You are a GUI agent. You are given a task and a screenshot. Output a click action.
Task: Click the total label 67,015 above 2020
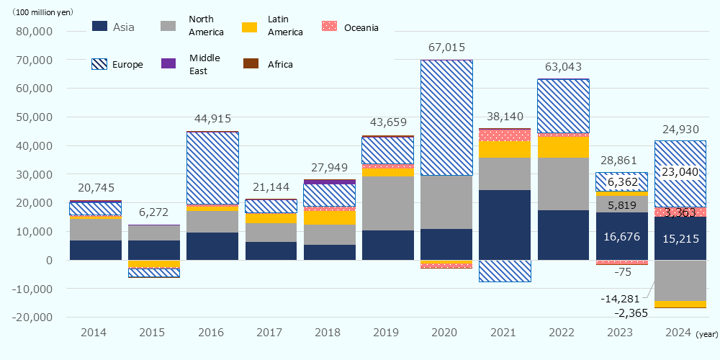pyautogui.click(x=446, y=47)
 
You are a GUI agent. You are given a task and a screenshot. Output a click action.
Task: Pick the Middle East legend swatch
pyautogui.click(x=167, y=63)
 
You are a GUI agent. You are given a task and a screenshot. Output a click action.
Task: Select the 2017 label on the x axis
pyautogui.click(x=271, y=333)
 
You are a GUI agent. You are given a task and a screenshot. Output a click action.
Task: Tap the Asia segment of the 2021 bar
pyautogui.click(x=505, y=225)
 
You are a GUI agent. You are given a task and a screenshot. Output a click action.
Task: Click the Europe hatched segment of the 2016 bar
pyautogui.click(x=212, y=168)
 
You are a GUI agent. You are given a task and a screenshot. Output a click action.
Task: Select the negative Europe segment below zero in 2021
pyautogui.click(x=505, y=271)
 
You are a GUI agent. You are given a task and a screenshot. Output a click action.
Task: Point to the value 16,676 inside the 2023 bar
pyautogui.click(x=622, y=236)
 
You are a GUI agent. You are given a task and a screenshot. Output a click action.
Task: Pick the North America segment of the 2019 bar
pyautogui.click(x=388, y=203)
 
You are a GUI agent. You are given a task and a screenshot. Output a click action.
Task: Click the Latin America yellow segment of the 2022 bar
pyautogui.click(x=564, y=147)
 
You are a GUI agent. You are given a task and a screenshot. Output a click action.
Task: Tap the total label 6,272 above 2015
pyautogui.click(x=153, y=212)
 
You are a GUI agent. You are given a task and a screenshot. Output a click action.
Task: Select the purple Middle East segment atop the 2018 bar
pyautogui.click(x=329, y=181)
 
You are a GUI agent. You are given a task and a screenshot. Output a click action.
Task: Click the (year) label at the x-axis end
pyautogui.click(x=708, y=334)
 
